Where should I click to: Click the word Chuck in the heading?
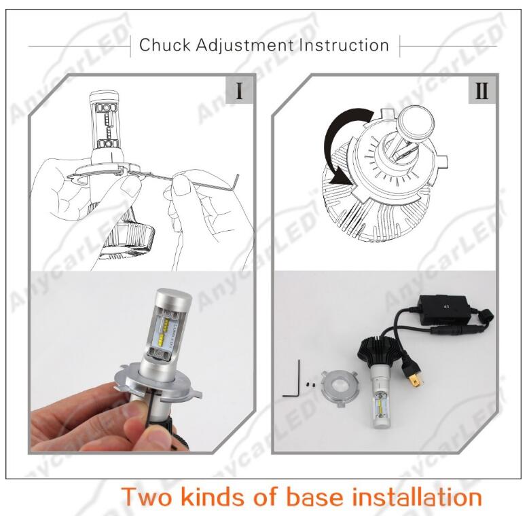(165, 45)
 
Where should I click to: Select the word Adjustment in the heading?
(245, 45)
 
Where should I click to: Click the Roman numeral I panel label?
(239, 90)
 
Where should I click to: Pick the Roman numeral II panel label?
(481, 90)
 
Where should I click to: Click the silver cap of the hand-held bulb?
(174, 296)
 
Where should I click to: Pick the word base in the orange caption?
(314, 497)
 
